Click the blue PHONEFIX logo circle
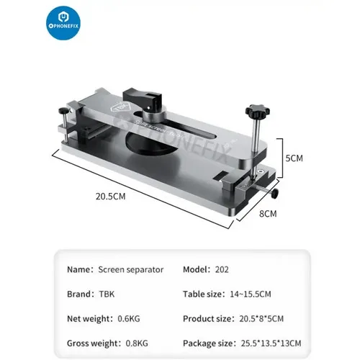click(63, 23)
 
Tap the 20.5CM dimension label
click(111, 197)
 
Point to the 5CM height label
click(294, 158)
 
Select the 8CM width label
click(268, 214)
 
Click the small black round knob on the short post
click(63, 111)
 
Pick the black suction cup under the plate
click(151, 143)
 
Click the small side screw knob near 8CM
click(275, 193)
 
